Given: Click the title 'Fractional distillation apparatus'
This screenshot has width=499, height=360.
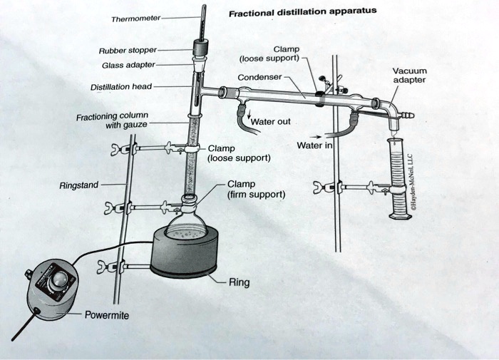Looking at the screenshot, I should click(302, 12).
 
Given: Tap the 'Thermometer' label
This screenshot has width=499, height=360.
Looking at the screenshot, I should click(136, 18).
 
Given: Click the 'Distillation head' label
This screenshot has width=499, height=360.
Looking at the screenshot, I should click(120, 87).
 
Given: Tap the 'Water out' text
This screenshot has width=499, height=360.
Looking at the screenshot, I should click(274, 122).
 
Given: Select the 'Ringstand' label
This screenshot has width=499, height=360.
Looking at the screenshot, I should click(79, 185).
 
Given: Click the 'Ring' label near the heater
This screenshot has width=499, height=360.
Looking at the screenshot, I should click(240, 282).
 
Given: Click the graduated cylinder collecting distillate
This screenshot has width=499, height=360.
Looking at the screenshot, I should click(398, 178).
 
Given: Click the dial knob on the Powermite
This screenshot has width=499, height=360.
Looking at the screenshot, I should click(65, 279).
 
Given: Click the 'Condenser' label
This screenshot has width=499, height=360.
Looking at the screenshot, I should click(261, 77).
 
